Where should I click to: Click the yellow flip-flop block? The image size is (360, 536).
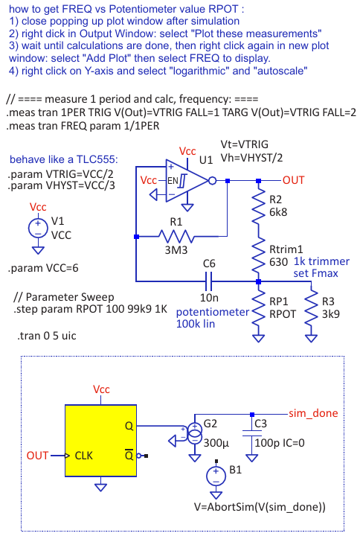click(x=100, y=441)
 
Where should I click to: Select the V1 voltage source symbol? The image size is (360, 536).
click(x=38, y=228)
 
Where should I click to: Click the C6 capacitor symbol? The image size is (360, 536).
click(x=209, y=281)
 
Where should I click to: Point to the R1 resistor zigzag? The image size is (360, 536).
click(x=176, y=236)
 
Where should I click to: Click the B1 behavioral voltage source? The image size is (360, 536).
click(x=216, y=476)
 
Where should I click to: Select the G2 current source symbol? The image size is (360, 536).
click(x=195, y=433)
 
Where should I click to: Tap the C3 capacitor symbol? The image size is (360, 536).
click(x=251, y=433)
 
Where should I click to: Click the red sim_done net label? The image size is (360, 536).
click(x=313, y=413)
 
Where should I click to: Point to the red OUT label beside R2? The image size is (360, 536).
click(x=293, y=180)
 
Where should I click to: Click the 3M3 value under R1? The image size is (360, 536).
click(x=176, y=250)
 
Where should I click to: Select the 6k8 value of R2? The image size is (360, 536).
click(x=278, y=212)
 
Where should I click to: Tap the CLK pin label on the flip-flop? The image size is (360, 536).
click(x=84, y=456)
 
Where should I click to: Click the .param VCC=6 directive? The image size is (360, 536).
click(x=43, y=268)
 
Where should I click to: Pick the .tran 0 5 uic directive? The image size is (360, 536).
click(x=47, y=336)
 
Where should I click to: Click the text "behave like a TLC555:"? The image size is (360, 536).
click(x=63, y=159)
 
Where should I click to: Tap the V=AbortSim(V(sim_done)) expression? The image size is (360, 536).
click(x=260, y=507)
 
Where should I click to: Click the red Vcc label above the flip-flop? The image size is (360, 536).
click(x=101, y=389)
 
